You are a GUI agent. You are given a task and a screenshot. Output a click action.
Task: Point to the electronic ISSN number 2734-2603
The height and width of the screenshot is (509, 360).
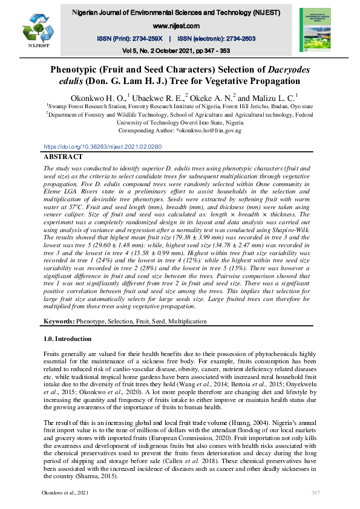pos(234,38)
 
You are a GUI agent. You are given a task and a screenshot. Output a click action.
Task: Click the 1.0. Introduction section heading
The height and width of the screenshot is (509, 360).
pos(68,339)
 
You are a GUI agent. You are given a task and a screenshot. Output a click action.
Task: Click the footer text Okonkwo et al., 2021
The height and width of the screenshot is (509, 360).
pos(65,493)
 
